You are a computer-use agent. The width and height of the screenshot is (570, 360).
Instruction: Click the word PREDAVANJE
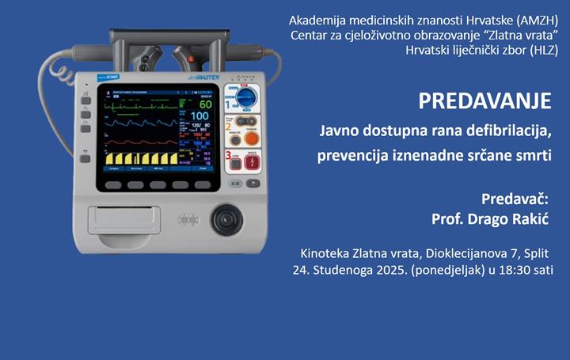484,102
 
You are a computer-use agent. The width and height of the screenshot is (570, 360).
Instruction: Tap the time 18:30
525,269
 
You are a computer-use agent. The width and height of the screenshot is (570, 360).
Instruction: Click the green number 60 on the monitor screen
205,104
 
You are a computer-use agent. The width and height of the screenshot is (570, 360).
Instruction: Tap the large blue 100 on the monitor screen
201,117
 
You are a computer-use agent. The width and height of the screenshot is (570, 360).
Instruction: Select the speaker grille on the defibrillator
188,219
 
